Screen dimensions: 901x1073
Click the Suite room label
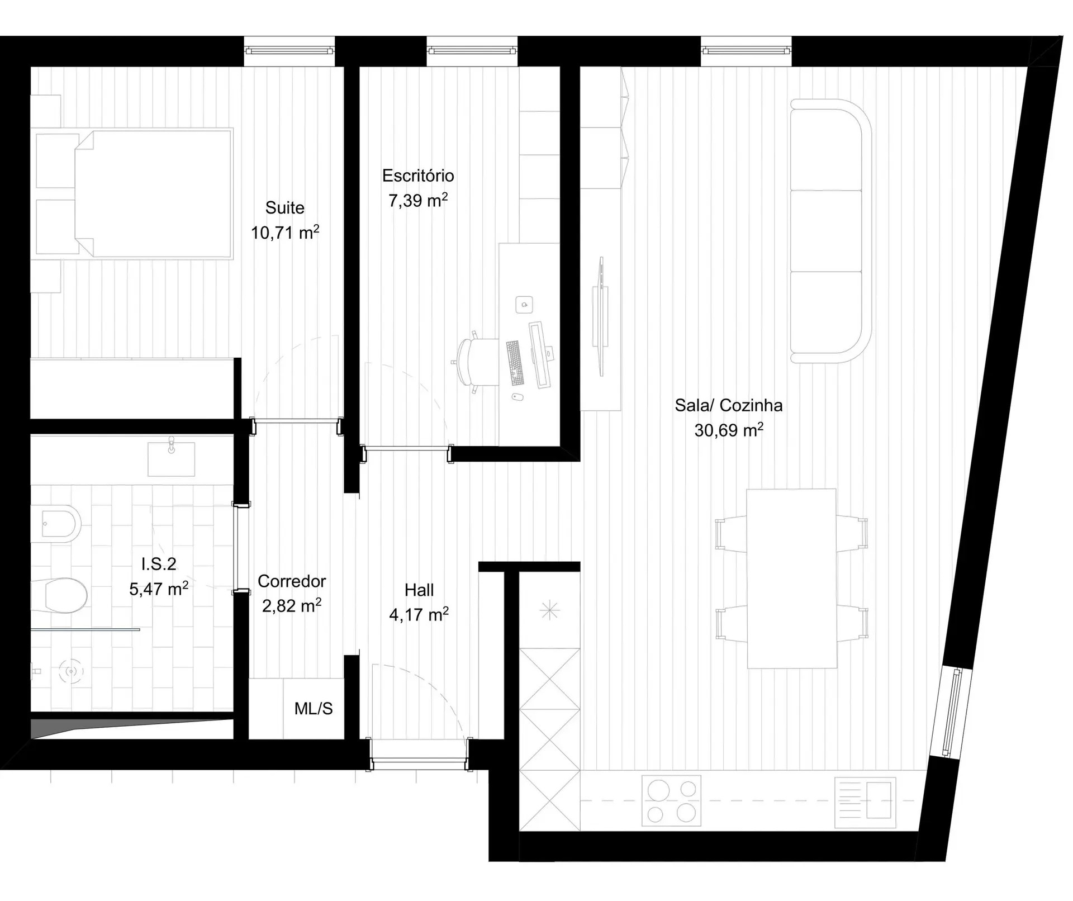tap(284, 208)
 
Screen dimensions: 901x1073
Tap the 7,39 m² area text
tap(418, 200)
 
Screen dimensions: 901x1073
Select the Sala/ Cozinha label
tap(728, 405)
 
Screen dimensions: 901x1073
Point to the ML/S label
tap(313, 709)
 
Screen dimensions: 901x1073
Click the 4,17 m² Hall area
tap(419, 615)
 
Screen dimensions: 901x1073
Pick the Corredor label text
tap(292, 581)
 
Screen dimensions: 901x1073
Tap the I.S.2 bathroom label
tap(159, 564)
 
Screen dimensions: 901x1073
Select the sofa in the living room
tap(830, 231)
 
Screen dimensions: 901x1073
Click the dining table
tap(791, 578)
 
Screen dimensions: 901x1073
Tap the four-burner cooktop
tap(671, 801)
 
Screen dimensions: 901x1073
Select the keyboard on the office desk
tap(515, 363)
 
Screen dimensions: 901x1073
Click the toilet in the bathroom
tap(60, 595)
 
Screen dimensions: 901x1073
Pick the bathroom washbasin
tap(171, 459)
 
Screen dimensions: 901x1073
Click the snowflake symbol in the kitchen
tap(549, 610)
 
